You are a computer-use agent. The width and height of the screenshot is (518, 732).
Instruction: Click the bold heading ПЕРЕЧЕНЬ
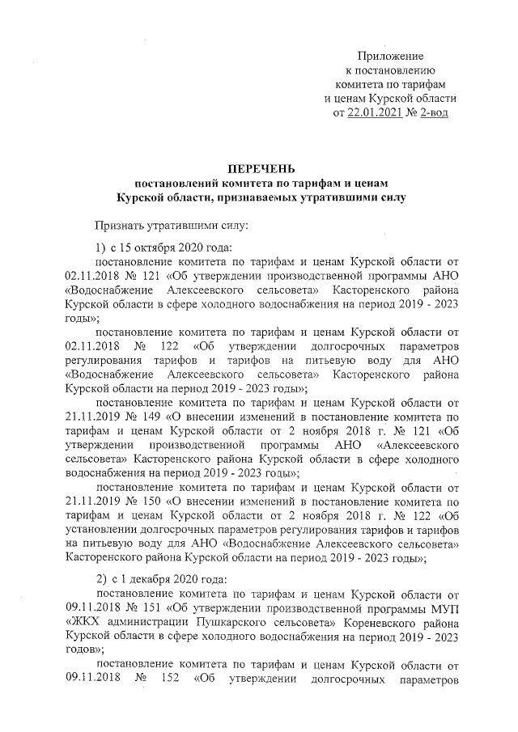[x=258, y=168]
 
